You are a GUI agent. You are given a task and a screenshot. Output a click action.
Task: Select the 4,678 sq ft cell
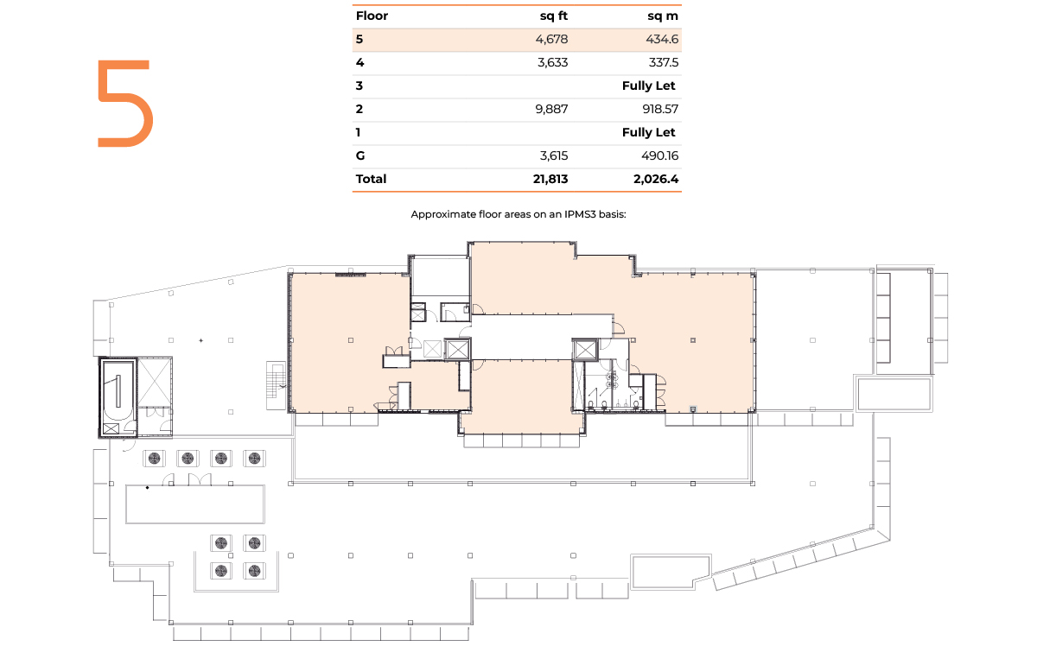[551, 40]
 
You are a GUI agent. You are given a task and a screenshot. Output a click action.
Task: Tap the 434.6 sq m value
[662, 40]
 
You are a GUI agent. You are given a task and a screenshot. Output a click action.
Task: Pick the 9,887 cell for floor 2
[551, 109]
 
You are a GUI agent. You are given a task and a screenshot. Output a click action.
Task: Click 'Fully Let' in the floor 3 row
[649, 85]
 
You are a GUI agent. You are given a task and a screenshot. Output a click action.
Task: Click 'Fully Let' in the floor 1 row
[649, 132]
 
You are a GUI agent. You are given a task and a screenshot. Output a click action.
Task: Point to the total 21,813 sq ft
[550, 179]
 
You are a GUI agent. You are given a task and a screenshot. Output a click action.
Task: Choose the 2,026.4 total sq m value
[656, 179]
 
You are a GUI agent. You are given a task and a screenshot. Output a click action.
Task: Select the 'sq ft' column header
[554, 16]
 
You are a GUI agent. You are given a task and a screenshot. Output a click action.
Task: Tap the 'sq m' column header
[663, 16]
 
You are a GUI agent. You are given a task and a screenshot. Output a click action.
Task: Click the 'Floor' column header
[372, 16]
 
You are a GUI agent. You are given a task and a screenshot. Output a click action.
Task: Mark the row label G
[360, 155]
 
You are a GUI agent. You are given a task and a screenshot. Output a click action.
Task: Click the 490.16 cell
[659, 155]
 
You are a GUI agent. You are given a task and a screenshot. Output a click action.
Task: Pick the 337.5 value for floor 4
[664, 62]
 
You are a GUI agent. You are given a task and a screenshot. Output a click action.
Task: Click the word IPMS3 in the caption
[580, 214]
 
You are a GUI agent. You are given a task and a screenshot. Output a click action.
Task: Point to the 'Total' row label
[371, 179]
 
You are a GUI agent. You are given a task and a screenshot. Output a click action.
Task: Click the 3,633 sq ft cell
[552, 62]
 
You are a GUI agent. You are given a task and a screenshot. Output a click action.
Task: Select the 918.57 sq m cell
[660, 109]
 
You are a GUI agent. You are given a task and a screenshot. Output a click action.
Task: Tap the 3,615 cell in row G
[554, 155]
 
